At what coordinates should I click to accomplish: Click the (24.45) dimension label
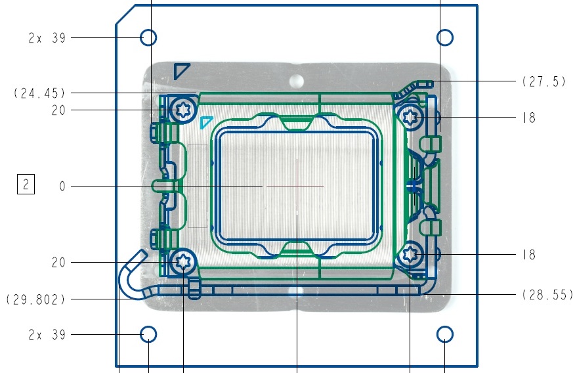click(39, 93)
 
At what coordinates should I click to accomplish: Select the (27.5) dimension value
click(545, 81)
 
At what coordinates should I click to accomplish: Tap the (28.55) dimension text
click(548, 294)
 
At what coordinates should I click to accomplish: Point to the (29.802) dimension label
click(36, 299)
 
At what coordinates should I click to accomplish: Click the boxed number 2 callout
click(26, 184)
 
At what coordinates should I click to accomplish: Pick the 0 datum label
click(62, 186)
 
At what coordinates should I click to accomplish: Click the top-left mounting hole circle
click(148, 37)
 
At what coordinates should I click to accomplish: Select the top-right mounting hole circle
click(445, 37)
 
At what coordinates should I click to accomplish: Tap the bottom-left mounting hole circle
click(148, 334)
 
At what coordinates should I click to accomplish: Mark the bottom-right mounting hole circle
click(445, 334)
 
